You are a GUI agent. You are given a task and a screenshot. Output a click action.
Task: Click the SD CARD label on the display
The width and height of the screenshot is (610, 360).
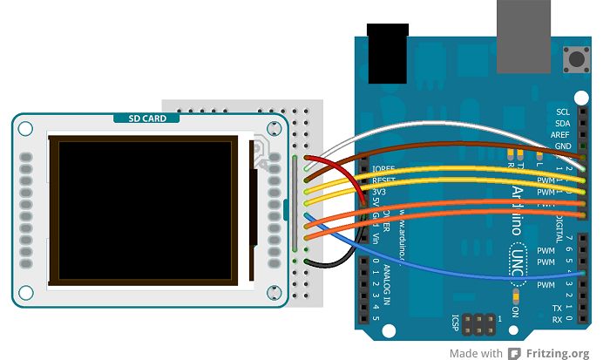pyautogui.click(x=146, y=119)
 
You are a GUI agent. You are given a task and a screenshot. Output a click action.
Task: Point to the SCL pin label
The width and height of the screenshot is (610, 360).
pyautogui.click(x=563, y=112)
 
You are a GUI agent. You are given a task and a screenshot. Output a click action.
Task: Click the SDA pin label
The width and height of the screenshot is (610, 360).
pyautogui.click(x=563, y=123)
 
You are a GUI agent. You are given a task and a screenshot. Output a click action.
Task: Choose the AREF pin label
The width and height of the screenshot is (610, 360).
pyautogui.click(x=561, y=135)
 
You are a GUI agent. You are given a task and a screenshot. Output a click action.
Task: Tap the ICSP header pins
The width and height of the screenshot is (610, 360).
pyautogui.click(x=478, y=325)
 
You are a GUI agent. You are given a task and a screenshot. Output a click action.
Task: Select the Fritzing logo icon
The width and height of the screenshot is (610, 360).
pyautogui.click(x=514, y=353)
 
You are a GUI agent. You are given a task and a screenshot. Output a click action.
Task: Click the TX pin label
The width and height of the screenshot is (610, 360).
pyautogui.click(x=558, y=309)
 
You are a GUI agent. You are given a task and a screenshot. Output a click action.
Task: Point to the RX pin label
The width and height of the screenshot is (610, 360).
pyautogui.click(x=558, y=320)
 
